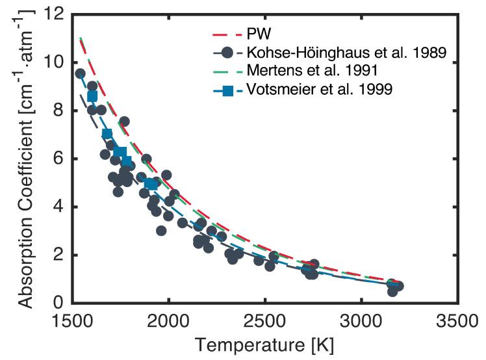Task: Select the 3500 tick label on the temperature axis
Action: click(x=458, y=322)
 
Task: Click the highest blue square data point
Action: click(x=92, y=96)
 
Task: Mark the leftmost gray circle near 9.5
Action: click(x=80, y=73)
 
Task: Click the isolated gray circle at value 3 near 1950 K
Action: click(x=161, y=231)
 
